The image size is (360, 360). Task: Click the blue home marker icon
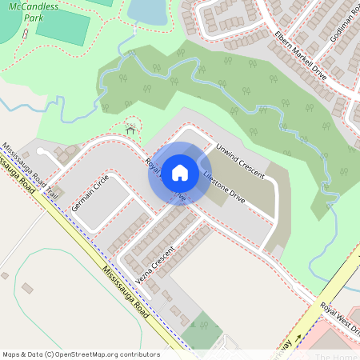pyautogui.click(x=180, y=172)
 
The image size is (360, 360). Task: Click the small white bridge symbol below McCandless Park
pyautogui.click(x=26, y=35)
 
